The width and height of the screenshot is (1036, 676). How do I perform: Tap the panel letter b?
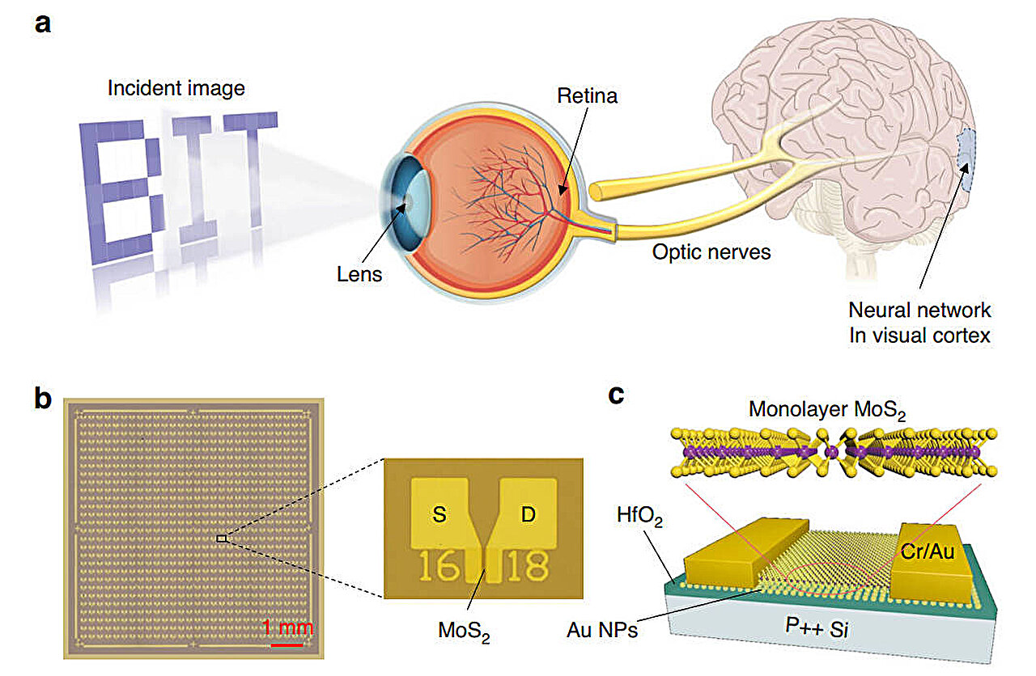click(45, 398)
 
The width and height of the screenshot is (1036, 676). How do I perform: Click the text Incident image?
click(176, 87)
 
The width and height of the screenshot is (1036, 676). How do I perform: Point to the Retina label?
click(587, 96)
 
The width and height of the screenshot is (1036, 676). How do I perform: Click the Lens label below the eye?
click(359, 274)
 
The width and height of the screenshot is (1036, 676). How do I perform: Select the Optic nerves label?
click(711, 252)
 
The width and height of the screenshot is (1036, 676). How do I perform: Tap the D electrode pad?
click(527, 515)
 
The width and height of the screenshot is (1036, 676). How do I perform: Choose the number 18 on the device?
click(526, 568)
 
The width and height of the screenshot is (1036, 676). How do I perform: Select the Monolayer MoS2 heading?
click(826, 410)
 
